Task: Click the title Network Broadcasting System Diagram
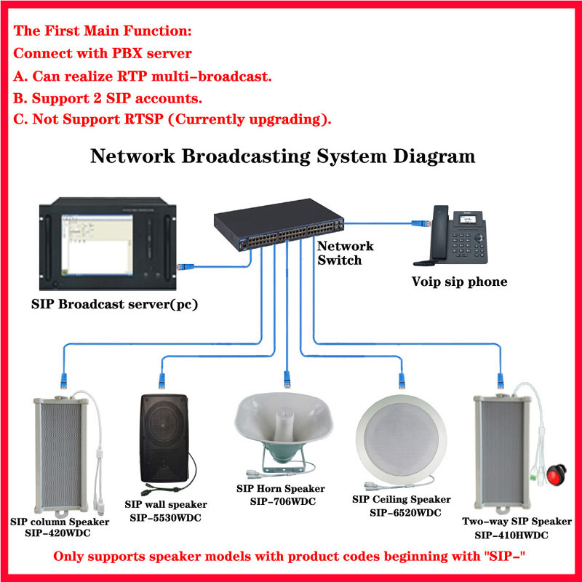click(x=282, y=156)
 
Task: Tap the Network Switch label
click(x=345, y=252)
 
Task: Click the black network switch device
click(x=279, y=225)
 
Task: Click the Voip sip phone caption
click(x=459, y=282)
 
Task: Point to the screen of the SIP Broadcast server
click(x=97, y=244)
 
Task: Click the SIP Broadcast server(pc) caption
click(x=114, y=304)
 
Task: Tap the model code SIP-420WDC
click(x=58, y=533)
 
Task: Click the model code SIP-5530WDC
click(x=166, y=517)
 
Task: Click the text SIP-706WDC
click(x=283, y=501)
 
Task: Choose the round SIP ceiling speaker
click(x=401, y=440)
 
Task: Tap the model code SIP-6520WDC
click(x=405, y=513)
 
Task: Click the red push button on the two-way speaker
click(x=556, y=474)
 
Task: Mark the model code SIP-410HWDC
click(x=511, y=535)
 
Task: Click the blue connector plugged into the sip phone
click(x=420, y=223)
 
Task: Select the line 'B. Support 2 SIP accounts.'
click(x=108, y=98)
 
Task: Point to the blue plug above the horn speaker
click(x=287, y=378)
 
